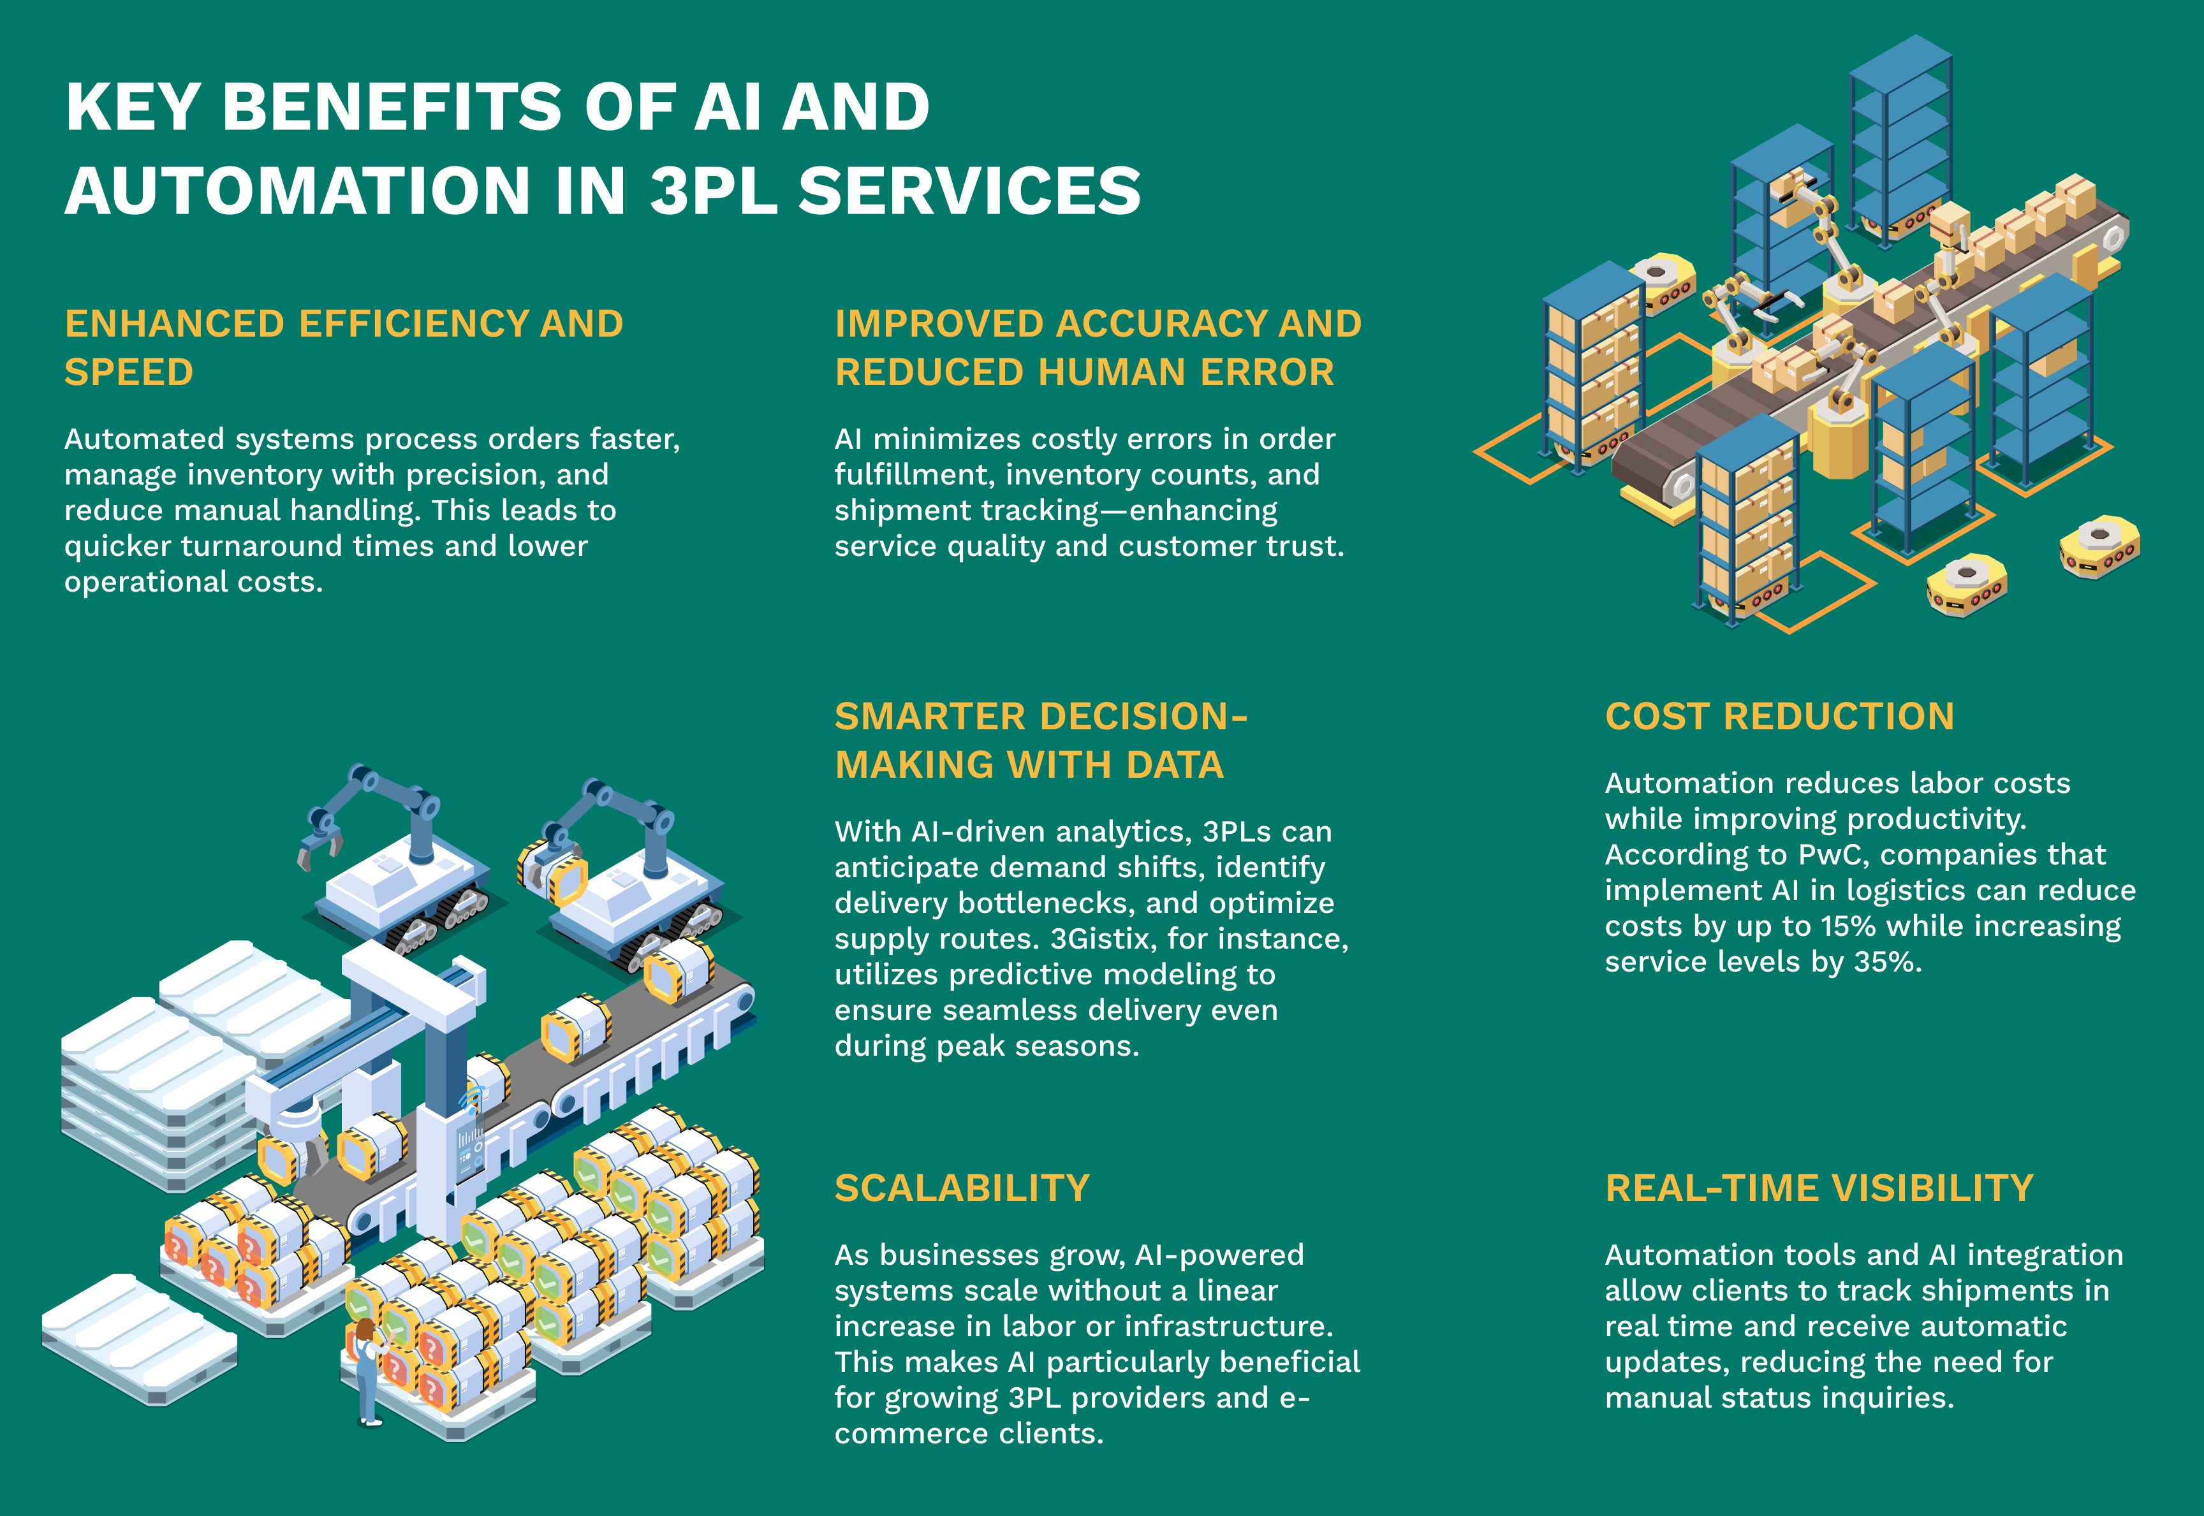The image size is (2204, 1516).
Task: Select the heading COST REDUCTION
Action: [x=1779, y=716]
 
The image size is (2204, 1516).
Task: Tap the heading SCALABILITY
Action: [x=962, y=1188]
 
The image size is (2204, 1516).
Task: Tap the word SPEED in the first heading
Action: [x=128, y=372]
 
